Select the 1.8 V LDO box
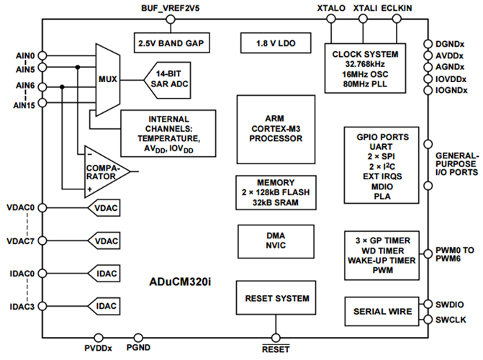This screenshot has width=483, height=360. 274,42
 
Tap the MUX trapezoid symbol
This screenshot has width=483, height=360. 109,78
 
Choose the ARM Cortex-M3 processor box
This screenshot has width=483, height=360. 273,128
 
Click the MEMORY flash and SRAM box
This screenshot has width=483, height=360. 273,193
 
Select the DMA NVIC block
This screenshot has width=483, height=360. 273,242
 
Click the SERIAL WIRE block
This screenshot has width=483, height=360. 381,312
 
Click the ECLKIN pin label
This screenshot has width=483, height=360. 397,7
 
